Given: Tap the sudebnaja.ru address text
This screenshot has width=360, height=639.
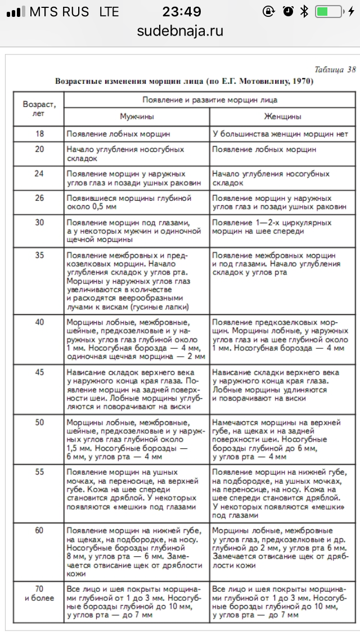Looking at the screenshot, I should pos(180,31).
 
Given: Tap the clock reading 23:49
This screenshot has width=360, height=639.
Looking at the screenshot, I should pos(181,11).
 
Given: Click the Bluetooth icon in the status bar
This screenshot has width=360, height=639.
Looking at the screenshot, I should pos(304,11).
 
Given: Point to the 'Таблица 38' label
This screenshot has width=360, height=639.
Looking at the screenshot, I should pos(335,70).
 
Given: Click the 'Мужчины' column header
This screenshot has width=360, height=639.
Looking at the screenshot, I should pos(137,117).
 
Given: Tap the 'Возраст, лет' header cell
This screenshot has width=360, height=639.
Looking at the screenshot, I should pos(39,109).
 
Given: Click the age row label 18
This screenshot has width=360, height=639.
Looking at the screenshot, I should pos(39,134).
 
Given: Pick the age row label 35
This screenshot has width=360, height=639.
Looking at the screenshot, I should pos(39,254).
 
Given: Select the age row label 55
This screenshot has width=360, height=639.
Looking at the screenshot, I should pos(39,472).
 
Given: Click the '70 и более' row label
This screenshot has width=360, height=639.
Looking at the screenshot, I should pos(39,593).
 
